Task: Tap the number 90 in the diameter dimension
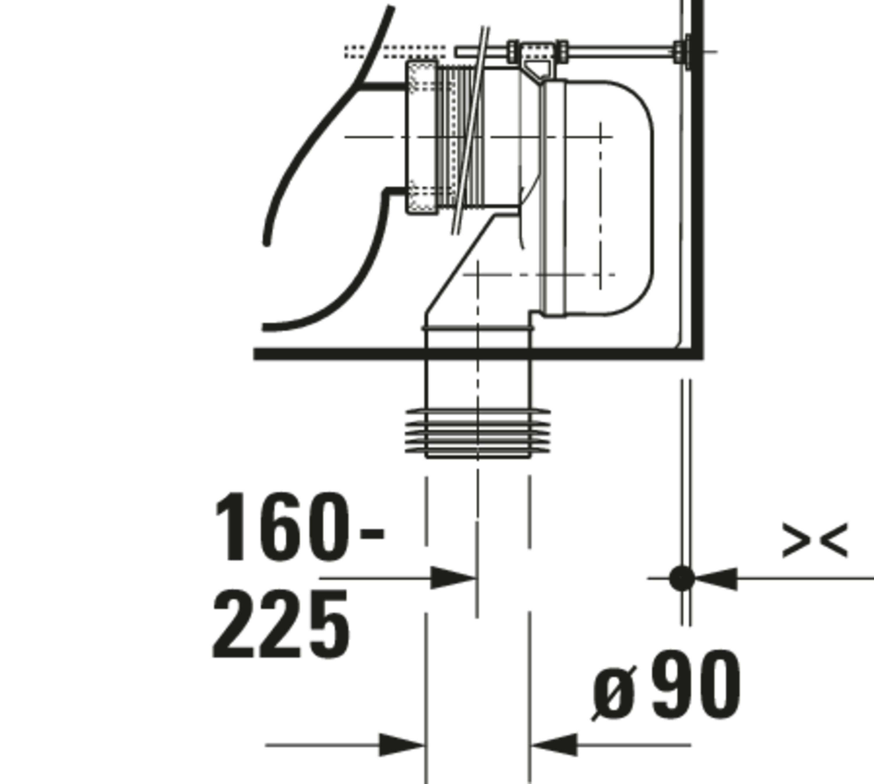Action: pos(697,685)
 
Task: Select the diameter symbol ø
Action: pos(614,693)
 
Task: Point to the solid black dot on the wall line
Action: pos(682,578)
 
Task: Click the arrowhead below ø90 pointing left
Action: pos(554,745)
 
